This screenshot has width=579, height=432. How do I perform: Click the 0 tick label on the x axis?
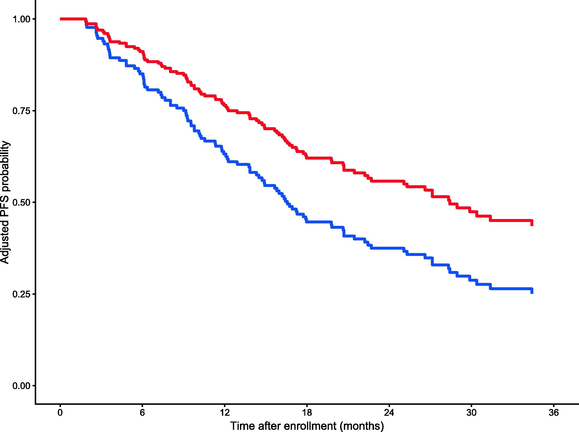tap(60, 413)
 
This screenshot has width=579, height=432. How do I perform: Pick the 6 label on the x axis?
tap(142, 413)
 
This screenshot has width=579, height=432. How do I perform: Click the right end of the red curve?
tap(532, 225)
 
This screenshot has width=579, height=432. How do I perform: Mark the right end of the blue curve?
tap(532, 293)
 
